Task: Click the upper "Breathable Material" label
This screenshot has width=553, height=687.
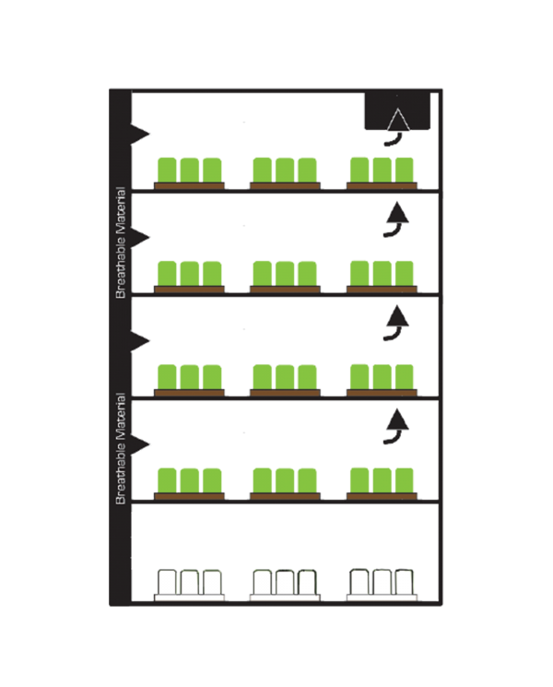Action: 121,252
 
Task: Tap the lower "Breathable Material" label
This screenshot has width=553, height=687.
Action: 121,448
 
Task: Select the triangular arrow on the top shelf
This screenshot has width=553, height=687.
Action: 397,123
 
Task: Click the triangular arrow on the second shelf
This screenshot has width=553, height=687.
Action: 397,214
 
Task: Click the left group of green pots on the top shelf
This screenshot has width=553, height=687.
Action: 190,170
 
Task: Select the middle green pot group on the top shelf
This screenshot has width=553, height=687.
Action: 285,170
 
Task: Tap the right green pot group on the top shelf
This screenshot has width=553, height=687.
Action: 382,170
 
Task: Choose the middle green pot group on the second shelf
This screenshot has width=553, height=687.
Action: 285,273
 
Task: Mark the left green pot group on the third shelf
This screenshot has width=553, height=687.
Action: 190,376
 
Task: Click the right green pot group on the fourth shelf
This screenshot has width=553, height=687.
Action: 382,480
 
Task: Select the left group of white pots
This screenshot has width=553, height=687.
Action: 190,583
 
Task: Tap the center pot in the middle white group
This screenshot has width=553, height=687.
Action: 285,583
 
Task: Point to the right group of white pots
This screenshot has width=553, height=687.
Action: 382,583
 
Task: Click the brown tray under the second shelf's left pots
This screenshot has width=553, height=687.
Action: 190,289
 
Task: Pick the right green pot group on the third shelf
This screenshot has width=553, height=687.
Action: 382,376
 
